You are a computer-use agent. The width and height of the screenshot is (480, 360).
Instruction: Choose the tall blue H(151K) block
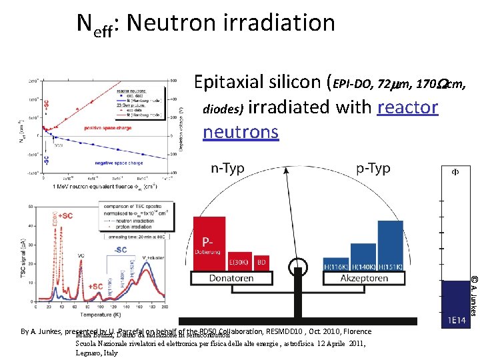[390, 244]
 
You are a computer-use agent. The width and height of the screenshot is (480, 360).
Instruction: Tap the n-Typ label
[227, 168]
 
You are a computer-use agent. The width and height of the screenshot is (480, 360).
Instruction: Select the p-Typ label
[373, 168]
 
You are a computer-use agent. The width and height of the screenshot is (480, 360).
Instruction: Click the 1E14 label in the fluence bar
[456, 320]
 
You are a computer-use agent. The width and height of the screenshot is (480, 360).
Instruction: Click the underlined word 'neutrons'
[240, 131]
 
